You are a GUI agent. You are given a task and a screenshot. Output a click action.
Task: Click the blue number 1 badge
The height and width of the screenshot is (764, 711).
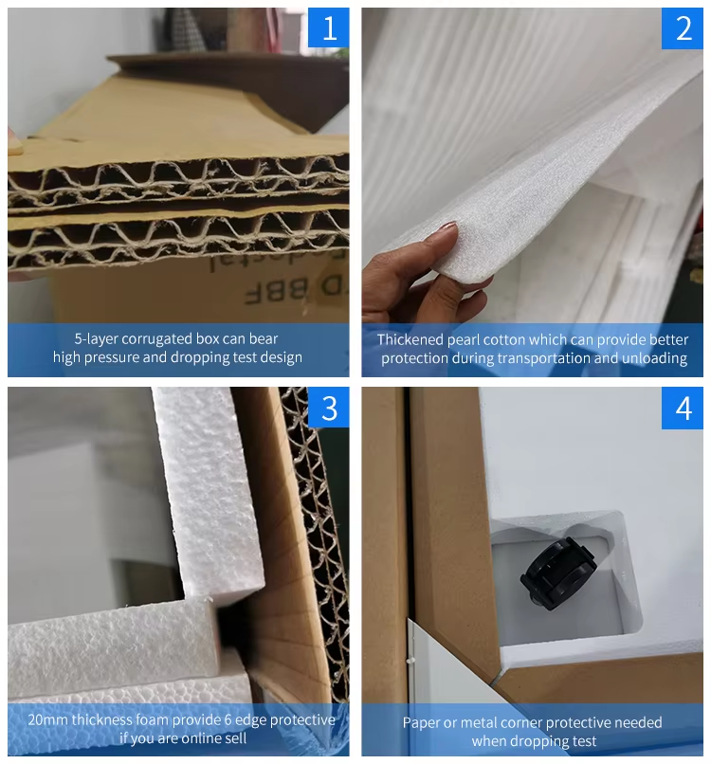coord(328,27)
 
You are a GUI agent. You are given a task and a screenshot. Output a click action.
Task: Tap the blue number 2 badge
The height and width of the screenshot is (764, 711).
coord(683,28)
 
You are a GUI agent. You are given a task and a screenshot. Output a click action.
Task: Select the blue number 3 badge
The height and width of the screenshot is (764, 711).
coord(328,408)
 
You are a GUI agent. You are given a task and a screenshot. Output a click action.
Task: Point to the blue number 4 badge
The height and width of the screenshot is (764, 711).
coord(683,409)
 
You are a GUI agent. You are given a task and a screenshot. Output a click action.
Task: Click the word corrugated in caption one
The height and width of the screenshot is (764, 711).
coord(156,338)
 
